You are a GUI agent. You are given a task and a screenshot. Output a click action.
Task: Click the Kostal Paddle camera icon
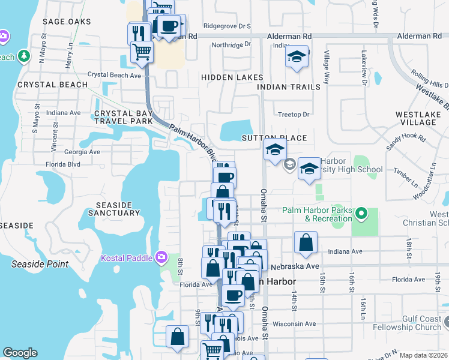click(161, 257)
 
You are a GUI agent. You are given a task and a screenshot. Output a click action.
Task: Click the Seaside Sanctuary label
click(113, 208)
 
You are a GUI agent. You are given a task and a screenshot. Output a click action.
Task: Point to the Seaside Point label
click(40, 264)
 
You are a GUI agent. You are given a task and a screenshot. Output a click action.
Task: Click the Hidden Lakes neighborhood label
click(232, 77)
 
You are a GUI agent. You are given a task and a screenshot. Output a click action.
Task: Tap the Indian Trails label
click(289, 87)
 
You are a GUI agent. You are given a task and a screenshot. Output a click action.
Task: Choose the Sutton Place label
click(274, 138)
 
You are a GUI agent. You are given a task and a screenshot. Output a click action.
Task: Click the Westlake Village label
click(416, 118)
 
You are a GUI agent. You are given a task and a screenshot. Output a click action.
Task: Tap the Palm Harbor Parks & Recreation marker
click(361, 214)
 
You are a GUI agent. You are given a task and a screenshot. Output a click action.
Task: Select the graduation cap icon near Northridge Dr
click(297, 57)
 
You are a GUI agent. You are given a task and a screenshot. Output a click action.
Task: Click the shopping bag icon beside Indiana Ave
click(306, 243)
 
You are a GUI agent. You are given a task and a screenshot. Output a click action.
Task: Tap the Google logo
click(20, 353)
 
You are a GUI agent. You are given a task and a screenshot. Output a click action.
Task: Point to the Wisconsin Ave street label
click(294, 323)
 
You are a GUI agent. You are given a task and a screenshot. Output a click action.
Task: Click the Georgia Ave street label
click(82, 152)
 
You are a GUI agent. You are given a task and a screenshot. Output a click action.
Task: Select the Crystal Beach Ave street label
click(114, 75)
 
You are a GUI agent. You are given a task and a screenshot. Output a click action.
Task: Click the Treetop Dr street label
click(294, 114)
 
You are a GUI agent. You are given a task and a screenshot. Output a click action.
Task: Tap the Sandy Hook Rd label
click(406, 142)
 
